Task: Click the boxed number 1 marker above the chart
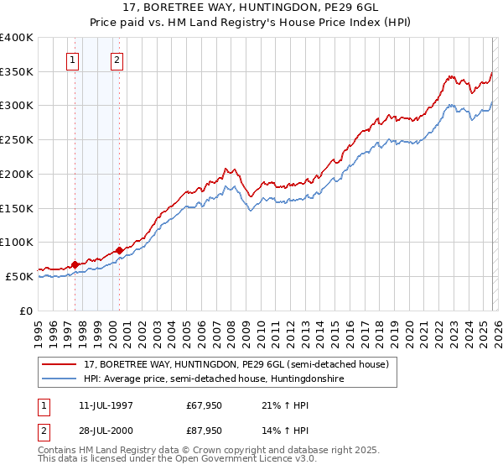(x=74, y=60)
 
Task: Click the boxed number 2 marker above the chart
(x=116, y=60)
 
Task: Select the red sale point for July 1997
(x=75, y=264)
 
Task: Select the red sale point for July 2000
(x=120, y=250)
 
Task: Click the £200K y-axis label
(x=17, y=174)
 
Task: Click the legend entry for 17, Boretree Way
(x=236, y=365)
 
